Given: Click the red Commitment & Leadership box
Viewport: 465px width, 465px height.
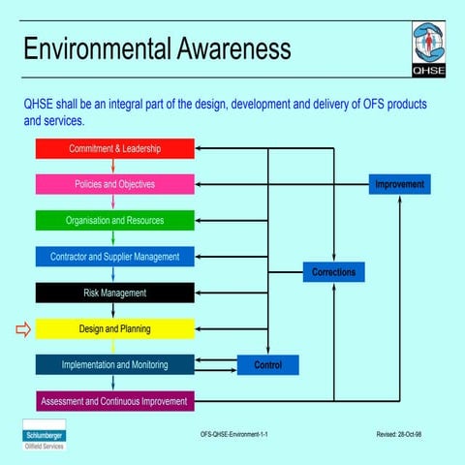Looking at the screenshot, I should (x=114, y=148).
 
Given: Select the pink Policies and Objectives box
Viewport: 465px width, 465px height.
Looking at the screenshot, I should (x=114, y=184).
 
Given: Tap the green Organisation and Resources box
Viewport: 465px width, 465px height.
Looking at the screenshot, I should (x=114, y=220).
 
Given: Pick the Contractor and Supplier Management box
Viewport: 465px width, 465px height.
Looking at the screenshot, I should (x=114, y=257).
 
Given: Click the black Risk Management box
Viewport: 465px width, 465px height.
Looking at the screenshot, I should (x=114, y=293).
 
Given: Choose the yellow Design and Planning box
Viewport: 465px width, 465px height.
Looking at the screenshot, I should (x=114, y=329).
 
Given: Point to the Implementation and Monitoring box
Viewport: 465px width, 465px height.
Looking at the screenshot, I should (x=114, y=365).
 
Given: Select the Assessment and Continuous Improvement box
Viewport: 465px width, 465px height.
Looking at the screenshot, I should (x=114, y=400).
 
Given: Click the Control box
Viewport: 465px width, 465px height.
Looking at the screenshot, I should (x=267, y=365).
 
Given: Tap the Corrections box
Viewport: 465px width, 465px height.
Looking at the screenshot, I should (x=333, y=272).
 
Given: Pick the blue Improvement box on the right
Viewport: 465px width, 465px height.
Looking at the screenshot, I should (x=399, y=184).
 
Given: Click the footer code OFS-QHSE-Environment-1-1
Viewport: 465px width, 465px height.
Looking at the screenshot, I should (x=229, y=435).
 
